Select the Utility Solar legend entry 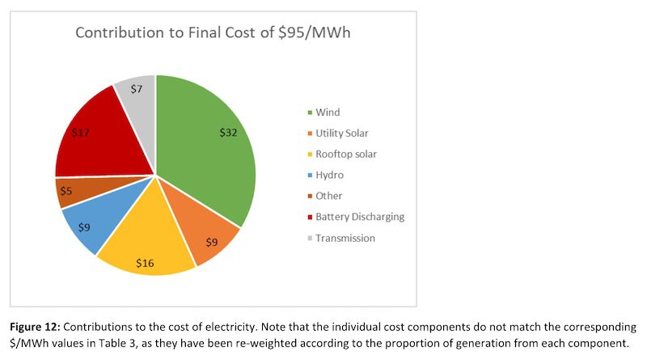343,133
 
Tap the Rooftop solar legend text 346,154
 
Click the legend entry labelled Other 328,196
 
